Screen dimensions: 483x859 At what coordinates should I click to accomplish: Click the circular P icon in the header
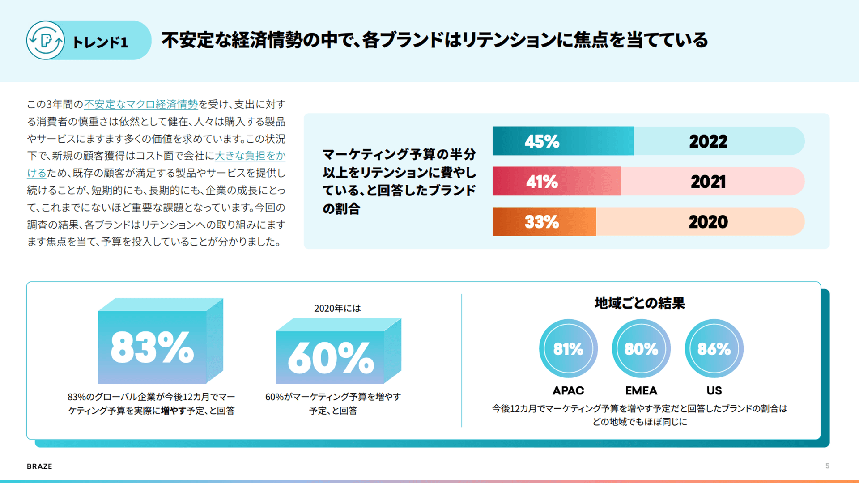45,41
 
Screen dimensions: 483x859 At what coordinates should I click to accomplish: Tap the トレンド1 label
100,42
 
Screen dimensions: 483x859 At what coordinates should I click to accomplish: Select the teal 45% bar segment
562,141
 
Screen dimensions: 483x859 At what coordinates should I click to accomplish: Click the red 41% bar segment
556,182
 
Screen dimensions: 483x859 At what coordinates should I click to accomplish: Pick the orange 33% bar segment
544,222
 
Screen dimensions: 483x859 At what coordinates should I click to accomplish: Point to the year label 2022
708,142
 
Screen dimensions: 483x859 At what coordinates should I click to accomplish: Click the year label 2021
708,182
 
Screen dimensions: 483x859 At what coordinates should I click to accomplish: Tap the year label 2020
708,222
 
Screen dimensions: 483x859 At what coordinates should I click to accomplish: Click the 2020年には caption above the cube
337,309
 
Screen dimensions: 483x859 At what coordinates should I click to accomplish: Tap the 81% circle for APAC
568,349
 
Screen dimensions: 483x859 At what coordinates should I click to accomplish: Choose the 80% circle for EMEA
641,349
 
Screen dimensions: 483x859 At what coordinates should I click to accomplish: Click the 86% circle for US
714,349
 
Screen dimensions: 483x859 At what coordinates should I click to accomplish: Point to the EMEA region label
641,390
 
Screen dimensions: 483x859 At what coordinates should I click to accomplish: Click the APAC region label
568,390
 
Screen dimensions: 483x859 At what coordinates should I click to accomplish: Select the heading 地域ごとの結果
639,303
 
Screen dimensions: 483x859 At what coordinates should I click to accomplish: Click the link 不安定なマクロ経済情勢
140,104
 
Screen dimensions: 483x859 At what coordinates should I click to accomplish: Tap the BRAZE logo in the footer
39,466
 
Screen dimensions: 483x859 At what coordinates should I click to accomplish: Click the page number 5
827,466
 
